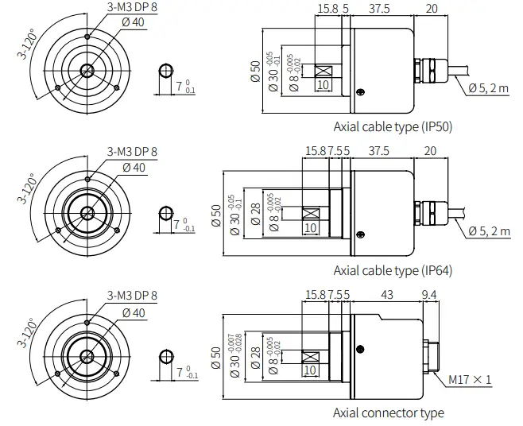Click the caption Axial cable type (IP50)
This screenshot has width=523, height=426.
point(393,126)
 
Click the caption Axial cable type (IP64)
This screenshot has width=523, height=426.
point(393,270)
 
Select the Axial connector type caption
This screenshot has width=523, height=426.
point(388,412)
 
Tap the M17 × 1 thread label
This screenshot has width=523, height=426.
point(470,380)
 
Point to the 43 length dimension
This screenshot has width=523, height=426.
point(388,295)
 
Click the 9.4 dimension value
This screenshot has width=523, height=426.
point(428,295)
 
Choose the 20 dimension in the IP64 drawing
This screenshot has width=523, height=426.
point(431,150)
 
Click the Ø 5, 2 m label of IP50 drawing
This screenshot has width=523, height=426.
point(487,88)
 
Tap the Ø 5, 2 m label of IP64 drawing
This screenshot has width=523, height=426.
point(487,230)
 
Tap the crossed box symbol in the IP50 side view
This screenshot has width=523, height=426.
point(323,71)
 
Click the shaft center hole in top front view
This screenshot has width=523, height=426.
point(86,71)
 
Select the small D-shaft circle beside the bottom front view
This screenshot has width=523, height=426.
point(165,355)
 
